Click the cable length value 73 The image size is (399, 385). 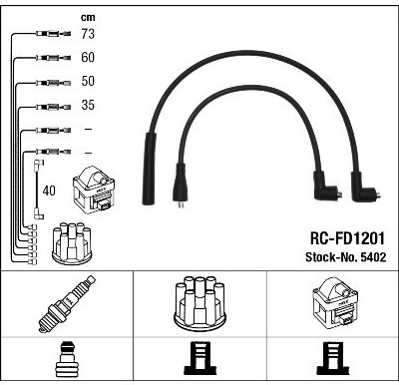pos(88,34)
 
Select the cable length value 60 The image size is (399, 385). pos(88,57)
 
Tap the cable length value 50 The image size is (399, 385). pos(88,81)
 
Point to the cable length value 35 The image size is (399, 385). pos(88,105)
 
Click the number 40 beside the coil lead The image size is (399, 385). pos(49,191)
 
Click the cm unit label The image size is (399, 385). pos(88,18)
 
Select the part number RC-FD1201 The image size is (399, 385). pos(347,238)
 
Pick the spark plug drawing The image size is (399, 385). pos(67,303)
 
